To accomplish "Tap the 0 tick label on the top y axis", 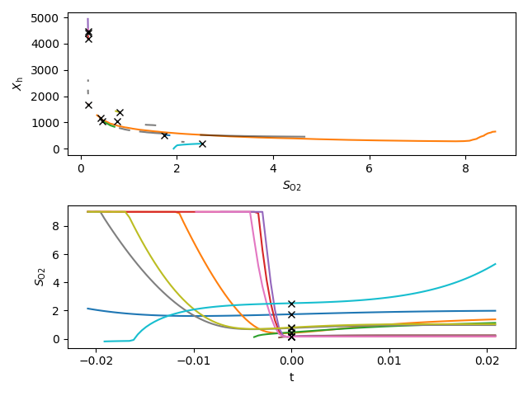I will click(58, 149).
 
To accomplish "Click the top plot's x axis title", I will click(292, 186).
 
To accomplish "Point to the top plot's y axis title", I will click(16, 83).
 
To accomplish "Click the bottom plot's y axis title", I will click(16, 276).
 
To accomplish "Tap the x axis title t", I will click(291, 378).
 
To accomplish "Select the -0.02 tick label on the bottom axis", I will click(97, 361).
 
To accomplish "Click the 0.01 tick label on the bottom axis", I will click(389, 361).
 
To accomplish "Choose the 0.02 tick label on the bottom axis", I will click(486, 361).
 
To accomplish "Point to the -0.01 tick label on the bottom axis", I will click(194, 361).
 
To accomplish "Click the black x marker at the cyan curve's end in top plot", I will click(202, 144).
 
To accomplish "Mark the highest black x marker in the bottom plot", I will click(291, 304).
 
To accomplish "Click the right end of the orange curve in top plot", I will click(495, 131).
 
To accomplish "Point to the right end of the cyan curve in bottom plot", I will click(496, 264).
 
